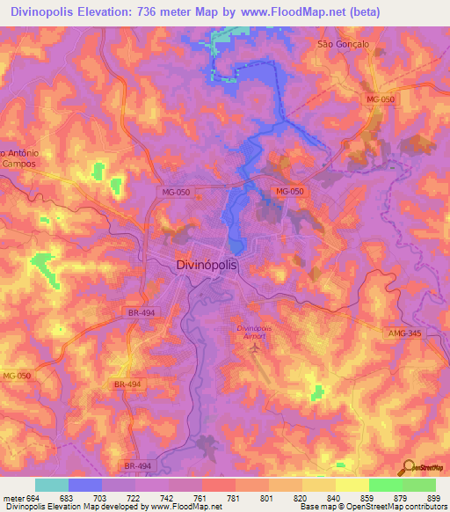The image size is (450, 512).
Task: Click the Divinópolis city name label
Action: [207, 263]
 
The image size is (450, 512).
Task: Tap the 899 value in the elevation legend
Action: [434, 499]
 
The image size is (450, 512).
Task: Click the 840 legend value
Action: [335, 499]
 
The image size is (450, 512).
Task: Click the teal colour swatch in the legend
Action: [52, 485]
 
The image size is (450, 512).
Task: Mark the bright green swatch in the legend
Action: [385, 485]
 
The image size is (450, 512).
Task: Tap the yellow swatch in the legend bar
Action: [352, 485]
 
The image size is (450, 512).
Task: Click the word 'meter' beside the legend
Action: [13, 499]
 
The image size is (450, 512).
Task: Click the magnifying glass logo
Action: [407, 468]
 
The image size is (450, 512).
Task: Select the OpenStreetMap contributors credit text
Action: [397, 508]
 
